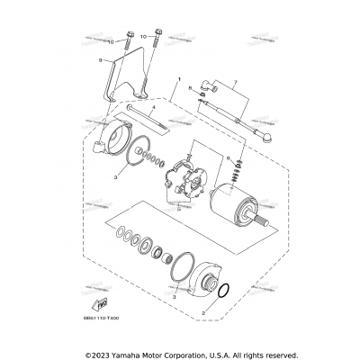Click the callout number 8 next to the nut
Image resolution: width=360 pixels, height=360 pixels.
pyautogui.click(x=190, y=88)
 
